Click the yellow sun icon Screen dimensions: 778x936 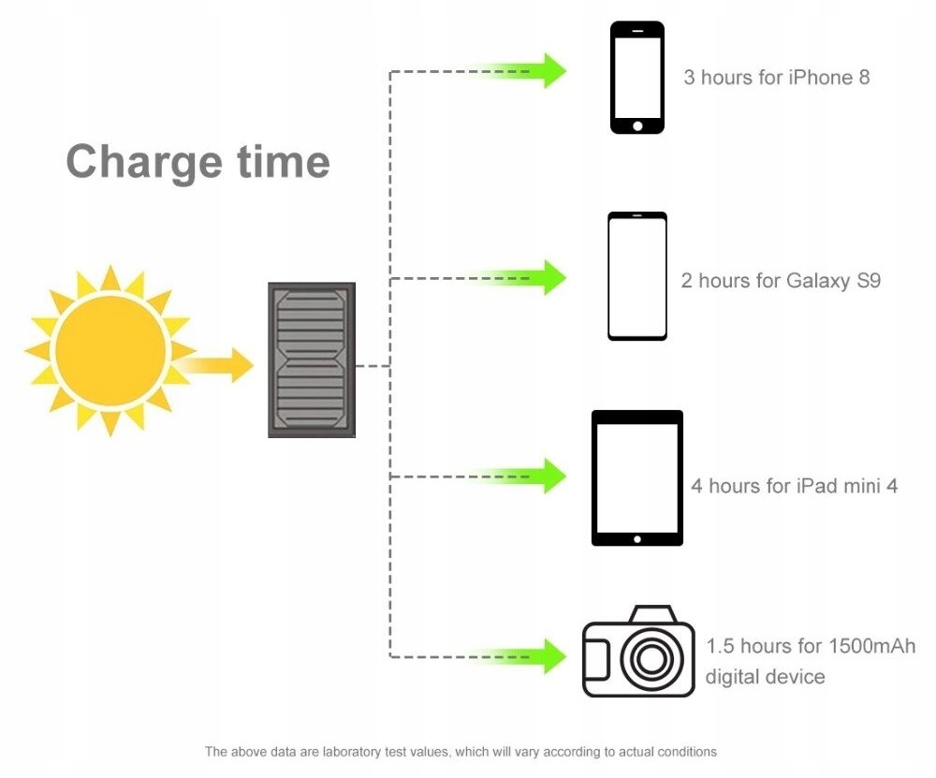tap(110, 350)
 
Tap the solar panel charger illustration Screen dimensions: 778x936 tap(312, 360)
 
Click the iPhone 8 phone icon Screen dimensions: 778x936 tap(637, 77)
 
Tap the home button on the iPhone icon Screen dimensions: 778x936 tap(637, 125)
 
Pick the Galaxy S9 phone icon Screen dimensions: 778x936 tap(637, 276)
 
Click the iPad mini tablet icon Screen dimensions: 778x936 tap(637, 477)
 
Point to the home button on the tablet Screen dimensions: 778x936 tap(637, 539)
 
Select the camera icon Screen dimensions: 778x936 tap(638, 653)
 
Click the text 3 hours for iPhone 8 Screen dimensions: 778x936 tap(776, 77)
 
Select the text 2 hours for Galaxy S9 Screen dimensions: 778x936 tap(781, 280)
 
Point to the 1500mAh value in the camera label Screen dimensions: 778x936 tap(871, 646)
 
